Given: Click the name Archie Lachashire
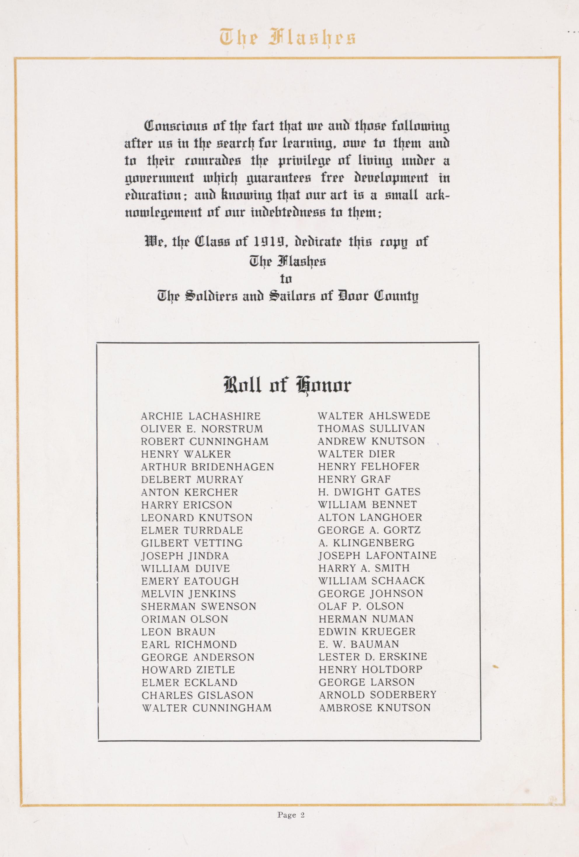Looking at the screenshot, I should point(200,416).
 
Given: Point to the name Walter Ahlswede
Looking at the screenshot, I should point(374,416).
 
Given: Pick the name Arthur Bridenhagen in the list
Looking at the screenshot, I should point(207,467).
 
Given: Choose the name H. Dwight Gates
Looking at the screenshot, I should point(369,492).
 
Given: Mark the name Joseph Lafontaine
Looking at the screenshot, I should point(377,555).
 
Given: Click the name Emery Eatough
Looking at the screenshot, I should point(190,581).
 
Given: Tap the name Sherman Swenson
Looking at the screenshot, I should point(198,607).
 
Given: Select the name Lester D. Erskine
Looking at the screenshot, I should point(373,657).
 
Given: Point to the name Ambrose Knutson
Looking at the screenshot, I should point(375,708).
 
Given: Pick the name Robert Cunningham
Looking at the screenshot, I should point(205,442).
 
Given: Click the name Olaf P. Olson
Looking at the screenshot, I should point(361,606).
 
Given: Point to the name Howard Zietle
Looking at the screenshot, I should point(188,670).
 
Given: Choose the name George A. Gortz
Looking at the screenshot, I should point(369,530).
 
